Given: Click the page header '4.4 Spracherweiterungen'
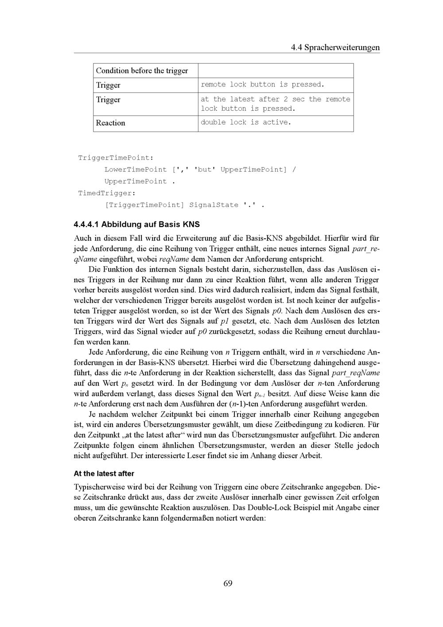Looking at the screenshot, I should (x=335, y=47).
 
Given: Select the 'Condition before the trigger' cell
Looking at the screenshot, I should (x=142, y=71).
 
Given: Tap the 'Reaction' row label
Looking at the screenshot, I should (x=110, y=123).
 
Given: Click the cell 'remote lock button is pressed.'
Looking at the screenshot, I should (x=262, y=85).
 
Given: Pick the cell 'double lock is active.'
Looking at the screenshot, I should (x=246, y=122).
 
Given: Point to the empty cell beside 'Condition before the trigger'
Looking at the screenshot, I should (x=276, y=71).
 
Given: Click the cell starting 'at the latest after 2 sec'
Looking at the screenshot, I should (x=275, y=104).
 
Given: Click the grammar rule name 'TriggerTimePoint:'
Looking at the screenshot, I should (x=116, y=158).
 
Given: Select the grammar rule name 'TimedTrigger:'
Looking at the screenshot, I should (x=107, y=193).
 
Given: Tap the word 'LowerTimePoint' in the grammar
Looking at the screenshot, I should (x=136, y=170).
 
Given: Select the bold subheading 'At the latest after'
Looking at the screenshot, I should (x=104, y=473).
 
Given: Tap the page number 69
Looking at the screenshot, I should (x=228, y=583).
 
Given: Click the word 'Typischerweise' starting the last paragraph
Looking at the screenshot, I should (x=99, y=487).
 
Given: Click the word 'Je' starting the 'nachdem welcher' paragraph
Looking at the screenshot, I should (x=93, y=415).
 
